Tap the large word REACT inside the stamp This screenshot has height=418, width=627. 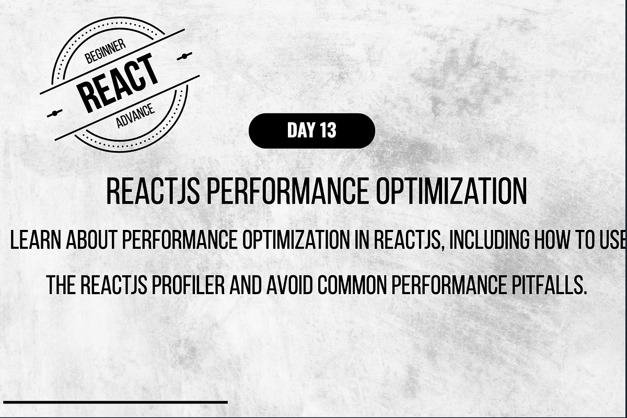118,83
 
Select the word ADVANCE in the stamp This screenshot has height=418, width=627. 135,116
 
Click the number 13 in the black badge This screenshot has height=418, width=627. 327,131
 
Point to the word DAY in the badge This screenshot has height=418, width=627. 299,131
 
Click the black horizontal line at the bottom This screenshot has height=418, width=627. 115,402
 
